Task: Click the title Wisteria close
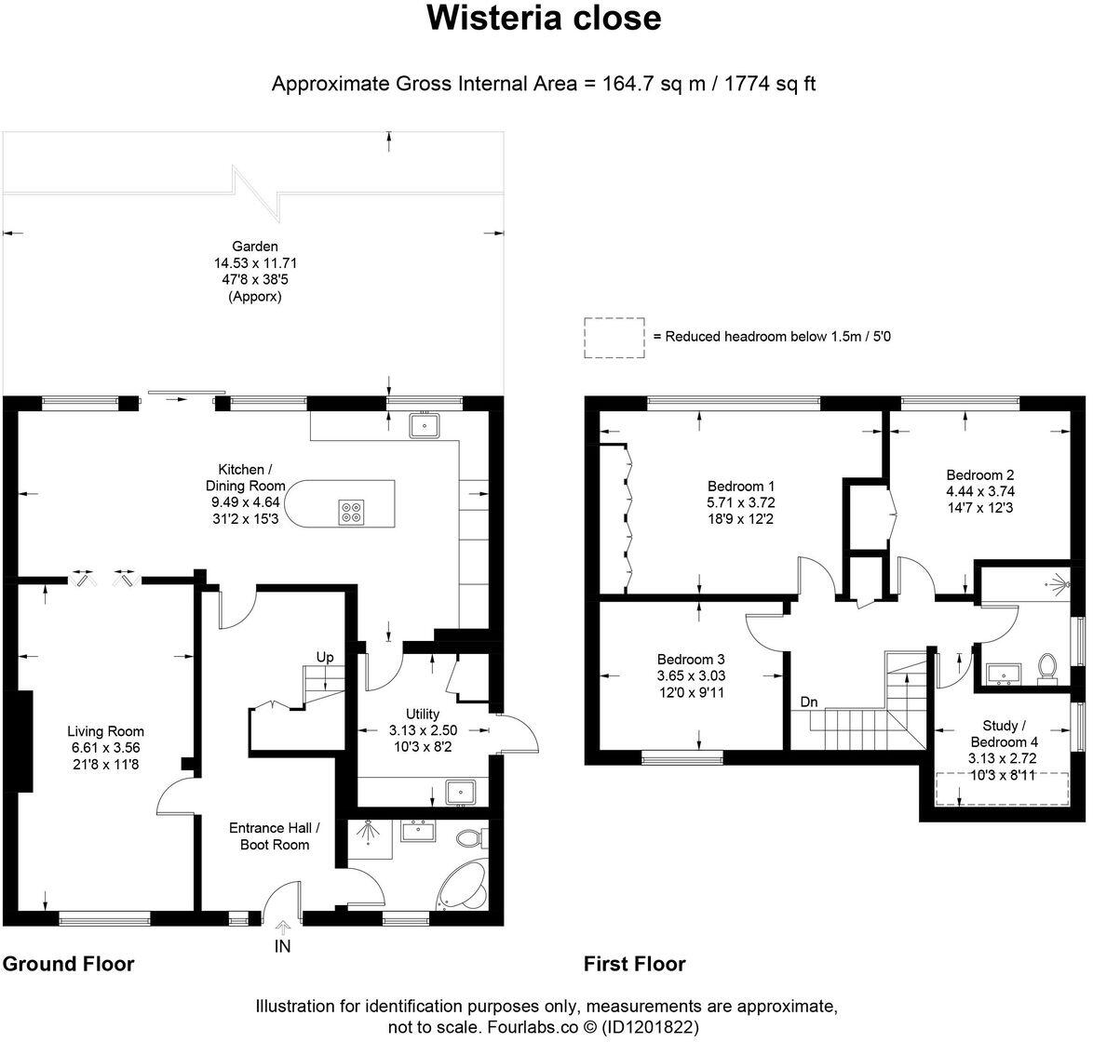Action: point(544,19)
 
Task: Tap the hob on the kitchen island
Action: point(351,511)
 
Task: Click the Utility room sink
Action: point(460,793)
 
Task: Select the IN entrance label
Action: point(283,947)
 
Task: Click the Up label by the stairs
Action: point(325,657)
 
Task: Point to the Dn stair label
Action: point(809,702)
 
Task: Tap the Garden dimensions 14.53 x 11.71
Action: point(255,263)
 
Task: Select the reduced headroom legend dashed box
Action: point(614,337)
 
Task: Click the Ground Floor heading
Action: point(68,964)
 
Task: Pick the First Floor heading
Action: point(634,964)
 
